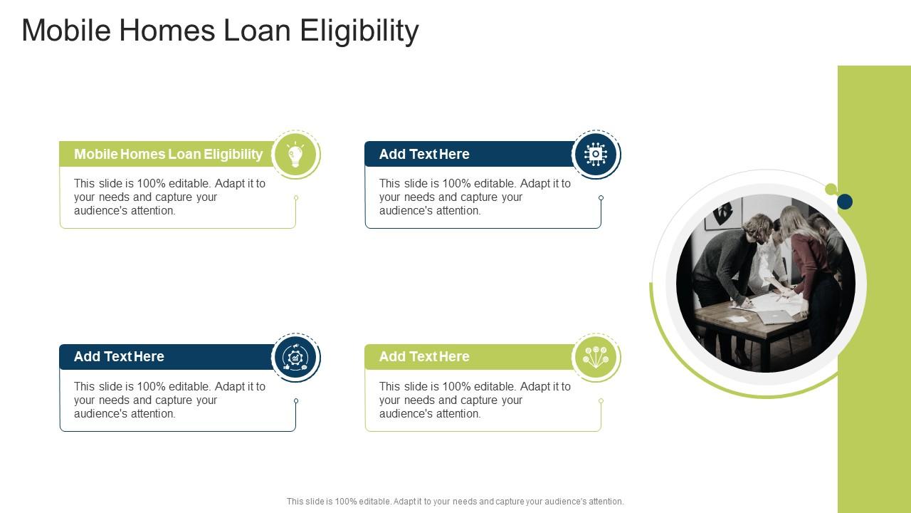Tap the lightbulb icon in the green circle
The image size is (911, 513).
295,154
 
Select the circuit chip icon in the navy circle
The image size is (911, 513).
596,154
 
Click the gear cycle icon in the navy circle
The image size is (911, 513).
295,357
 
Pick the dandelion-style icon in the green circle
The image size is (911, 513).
596,357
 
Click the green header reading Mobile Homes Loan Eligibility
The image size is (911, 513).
168,154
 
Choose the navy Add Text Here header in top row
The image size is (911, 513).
470,154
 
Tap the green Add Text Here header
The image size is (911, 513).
470,357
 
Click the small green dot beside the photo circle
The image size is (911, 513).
831,189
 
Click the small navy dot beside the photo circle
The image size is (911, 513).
845,202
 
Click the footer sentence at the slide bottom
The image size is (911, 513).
455,502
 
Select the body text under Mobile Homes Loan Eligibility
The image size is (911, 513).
169,197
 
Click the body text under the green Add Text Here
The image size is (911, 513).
475,400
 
